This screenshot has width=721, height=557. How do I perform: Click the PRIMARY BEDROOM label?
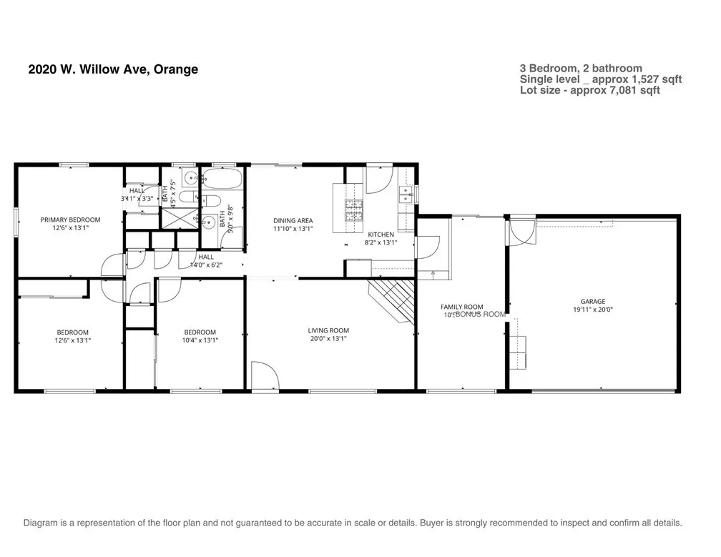(x=70, y=220)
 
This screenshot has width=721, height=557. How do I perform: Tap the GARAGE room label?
(x=593, y=302)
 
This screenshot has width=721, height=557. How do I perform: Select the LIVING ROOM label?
(x=328, y=330)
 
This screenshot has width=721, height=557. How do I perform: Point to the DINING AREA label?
(x=293, y=220)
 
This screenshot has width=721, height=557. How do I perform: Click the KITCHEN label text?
(x=381, y=235)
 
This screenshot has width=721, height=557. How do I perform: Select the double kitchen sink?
(x=406, y=192)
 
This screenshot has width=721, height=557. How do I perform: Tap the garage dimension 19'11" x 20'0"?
(x=593, y=310)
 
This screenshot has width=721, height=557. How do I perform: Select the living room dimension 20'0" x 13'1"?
(x=328, y=340)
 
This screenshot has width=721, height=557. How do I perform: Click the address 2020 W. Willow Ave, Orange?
(x=113, y=69)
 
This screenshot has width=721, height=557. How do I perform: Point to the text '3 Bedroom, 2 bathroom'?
(x=581, y=69)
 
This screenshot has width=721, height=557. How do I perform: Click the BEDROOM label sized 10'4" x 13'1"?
(x=200, y=332)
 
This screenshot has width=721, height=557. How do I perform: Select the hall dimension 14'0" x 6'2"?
(x=206, y=265)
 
